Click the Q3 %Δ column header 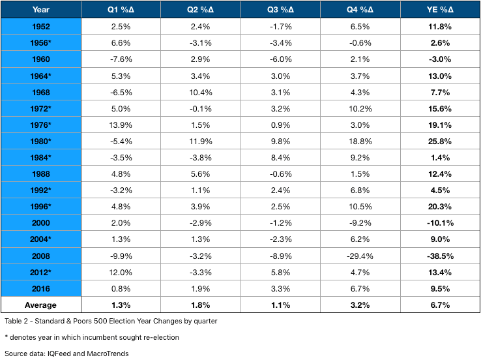click(x=280, y=10)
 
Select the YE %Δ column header click(x=440, y=10)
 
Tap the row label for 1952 click(x=41, y=26)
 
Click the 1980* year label click(x=40, y=141)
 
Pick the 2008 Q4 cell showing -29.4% click(x=360, y=256)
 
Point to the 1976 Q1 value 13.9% click(x=121, y=125)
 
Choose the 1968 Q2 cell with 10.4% click(x=200, y=93)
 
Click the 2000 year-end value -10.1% click(x=440, y=223)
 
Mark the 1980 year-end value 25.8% click(x=440, y=141)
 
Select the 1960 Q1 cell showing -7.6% click(x=121, y=59)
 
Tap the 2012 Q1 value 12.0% click(x=121, y=272)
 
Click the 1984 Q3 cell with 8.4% click(x=280, y=157)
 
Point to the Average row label click(x=40, y=305)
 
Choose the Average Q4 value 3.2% click(x=360, y=305)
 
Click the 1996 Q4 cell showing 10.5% click(x=360, y=207)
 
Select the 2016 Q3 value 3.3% click(x=280, y=288)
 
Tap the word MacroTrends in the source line click(x=108, y=353)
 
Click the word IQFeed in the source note click(x=59, y=353)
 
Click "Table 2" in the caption click(x=16, y=321)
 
